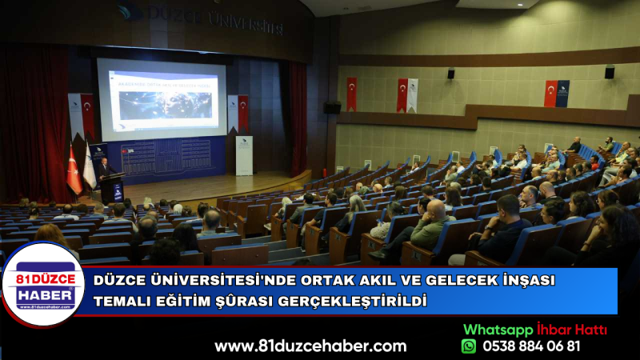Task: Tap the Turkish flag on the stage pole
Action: [x=74, y=173]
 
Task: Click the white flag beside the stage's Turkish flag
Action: [x=89, y=170]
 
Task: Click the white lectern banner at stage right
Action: [x=243, y=155]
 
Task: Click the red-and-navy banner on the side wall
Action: [x=557, y=93]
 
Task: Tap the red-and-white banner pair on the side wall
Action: [x=406, y=94]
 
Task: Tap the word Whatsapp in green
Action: [x=498, y=330]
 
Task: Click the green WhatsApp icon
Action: [x=469, y=346]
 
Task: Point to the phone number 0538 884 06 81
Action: [x=532, y=346]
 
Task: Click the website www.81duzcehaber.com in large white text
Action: [x=310, y=346]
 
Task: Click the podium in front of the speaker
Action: [x=112, y=187]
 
